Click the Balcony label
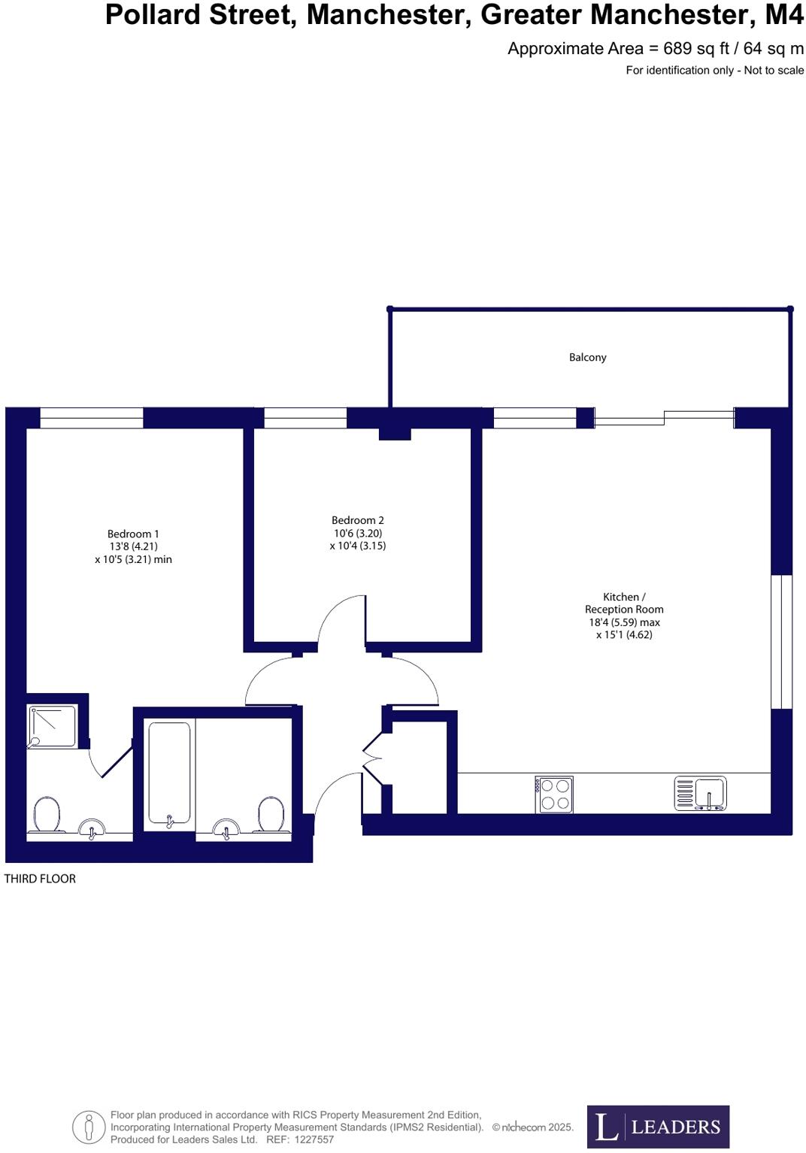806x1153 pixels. [587, 357]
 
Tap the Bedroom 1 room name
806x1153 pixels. [133, 534]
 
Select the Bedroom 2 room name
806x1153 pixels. [358, 520]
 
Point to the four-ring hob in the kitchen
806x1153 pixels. [555, 794]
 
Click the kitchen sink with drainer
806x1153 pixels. [700, 793]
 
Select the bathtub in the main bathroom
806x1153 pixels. [169, 773]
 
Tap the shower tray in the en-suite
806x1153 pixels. [53, 726]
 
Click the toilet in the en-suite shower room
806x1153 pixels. [47, 814]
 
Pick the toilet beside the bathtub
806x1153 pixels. [270, 814]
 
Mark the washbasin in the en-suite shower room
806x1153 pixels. [92, 830]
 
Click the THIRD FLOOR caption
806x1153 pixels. [40, 879]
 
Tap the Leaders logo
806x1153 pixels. [657, 1126]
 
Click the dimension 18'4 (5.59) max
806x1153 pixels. [624, 622]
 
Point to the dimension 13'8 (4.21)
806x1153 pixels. [133, 546]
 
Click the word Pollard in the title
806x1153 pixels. [153, 15]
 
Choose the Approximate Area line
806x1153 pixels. [655, 49]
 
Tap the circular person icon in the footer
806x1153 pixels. [89, 1127]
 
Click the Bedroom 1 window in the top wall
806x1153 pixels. [91, 418]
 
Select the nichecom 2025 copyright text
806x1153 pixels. [533, 1127]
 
